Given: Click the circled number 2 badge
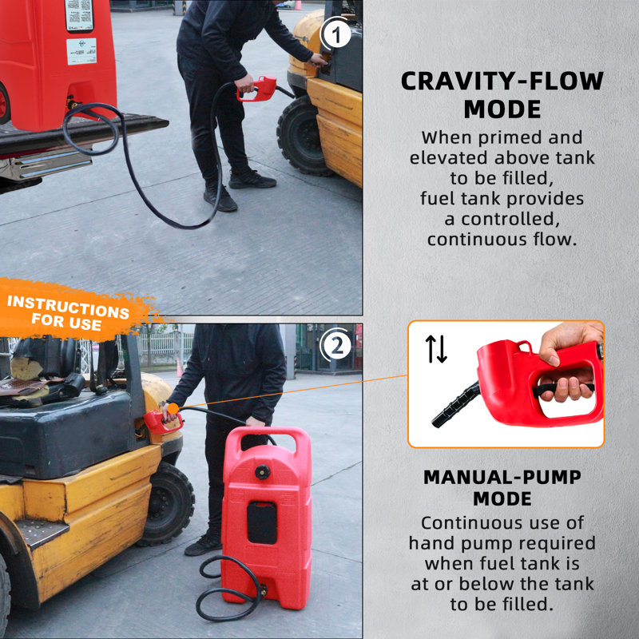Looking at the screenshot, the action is (x=335, y=346).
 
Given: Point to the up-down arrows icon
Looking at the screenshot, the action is (x=436, y=349).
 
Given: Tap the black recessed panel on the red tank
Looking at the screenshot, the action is (x=261, y=522).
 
